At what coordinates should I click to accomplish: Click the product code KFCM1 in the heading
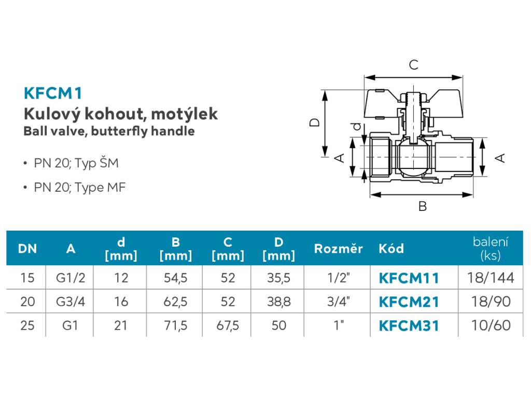point(53,93)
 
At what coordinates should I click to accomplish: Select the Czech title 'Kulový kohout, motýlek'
point(120,113)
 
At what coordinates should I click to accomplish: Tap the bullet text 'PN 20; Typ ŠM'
point(76,163)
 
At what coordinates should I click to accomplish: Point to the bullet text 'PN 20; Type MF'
point(80,187)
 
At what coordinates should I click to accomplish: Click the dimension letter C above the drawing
point(413,65)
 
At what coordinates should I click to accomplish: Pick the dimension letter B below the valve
point(423,206)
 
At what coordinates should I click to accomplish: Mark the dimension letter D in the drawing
point(315,123)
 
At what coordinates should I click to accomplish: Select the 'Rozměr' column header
point(338,249)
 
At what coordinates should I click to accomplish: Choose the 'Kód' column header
point(391,249)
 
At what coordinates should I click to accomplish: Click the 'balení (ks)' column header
point(490,248)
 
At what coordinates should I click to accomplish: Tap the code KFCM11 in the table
point(409,278)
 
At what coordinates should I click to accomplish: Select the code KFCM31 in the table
point(409,325)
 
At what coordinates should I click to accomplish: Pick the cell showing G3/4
point(71,302)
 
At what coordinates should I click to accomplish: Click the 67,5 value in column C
point(228,325)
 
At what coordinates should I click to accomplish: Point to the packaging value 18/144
point(490,278)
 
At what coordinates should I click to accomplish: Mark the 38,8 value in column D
point(278,302)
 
